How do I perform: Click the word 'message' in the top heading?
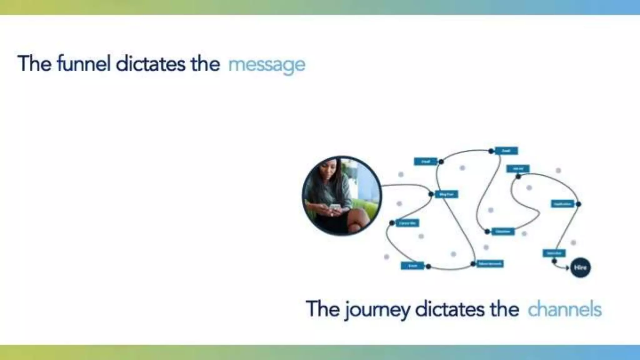click(x=267, y=65)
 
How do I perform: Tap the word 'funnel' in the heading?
click(x=84, y=64)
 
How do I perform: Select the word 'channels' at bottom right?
click(x=564, y=309)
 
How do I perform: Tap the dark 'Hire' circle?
click(x=580, y=267)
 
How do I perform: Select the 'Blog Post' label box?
click(x=446, y=194)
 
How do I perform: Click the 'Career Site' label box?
click(x=407, y=223)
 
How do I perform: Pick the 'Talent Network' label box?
click(x=490, y=264)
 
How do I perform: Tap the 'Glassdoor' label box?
click(x=503, y=232)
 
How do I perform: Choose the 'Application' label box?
click(x=562, y=204)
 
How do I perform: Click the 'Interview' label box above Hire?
click(x=554, y=253)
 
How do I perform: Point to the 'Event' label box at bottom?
click(x=412, y=266)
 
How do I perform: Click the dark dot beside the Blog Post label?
click(x=431, y=194)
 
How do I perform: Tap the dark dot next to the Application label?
click(x=578, y=204)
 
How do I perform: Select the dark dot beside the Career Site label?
click(x=392, y=223)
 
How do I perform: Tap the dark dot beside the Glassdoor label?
click(x=487, y=232)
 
